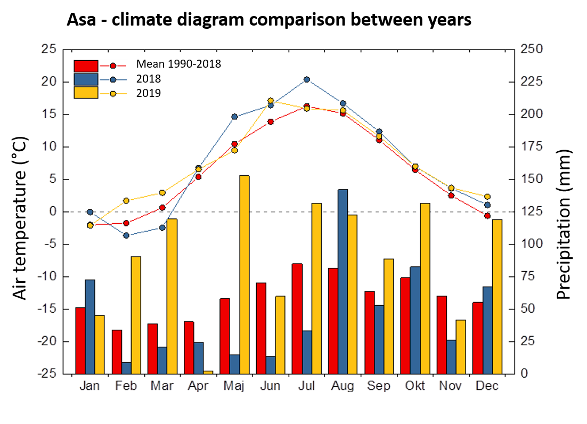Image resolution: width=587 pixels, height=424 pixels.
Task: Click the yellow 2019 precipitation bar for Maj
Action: pyautogui.click(x=244, y=274)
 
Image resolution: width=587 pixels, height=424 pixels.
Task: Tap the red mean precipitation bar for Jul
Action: pyautogui.click(x=297, y=319)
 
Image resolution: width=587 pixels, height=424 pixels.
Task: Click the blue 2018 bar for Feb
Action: pyautogui.click(x=126, y=368)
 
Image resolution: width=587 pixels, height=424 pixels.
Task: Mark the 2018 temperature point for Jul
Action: pyautogui.click(x=307, y=80)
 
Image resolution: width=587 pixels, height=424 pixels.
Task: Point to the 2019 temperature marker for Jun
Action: pyautogui.click(x=271, y=101)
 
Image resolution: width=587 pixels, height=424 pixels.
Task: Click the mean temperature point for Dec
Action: pyautogui.click(x=487, y=215)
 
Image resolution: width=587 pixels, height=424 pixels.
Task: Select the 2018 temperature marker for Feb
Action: pyautogui.click(x=126, y=235)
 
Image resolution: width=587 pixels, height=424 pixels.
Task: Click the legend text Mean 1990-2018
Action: pyautogui.click(x=178, y=64)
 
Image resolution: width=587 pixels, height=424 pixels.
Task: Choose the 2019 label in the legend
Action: pyautogui.click(x=149, y=93)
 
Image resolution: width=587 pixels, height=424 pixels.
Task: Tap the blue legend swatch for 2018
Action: pyautogui.click(x=86, y=79)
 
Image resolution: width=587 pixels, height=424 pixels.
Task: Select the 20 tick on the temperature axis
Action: pyautogui.click(x=48, y=81)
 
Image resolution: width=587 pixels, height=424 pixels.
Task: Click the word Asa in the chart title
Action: pyautogui.click(x=80, y=20)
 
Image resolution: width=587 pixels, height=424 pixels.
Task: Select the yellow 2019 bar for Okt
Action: pyautogui.click(x=425, y=288)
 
